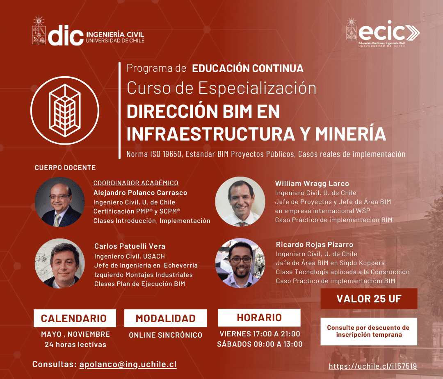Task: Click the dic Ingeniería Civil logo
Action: (88, 31)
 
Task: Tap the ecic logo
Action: (383, 33)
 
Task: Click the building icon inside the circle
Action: (65, 110)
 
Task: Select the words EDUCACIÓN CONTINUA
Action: (248, 68)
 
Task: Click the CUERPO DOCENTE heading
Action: (65, 168)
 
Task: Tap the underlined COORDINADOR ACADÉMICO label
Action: (136, 183)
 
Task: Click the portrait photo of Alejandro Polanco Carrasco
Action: (60, 202)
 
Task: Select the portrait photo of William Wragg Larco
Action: (240, 202)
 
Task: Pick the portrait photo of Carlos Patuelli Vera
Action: (60, 263)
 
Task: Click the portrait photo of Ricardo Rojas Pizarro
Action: (240, 263)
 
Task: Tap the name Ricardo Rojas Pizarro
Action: (315, 244)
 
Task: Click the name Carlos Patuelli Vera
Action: (130, 246)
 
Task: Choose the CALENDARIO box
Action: (75, 318)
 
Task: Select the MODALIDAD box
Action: (166, 318)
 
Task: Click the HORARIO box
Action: (259, 318)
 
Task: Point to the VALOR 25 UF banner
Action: (369, 299)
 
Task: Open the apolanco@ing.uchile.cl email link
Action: (128, 364)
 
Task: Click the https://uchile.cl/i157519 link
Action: (373, 366)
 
